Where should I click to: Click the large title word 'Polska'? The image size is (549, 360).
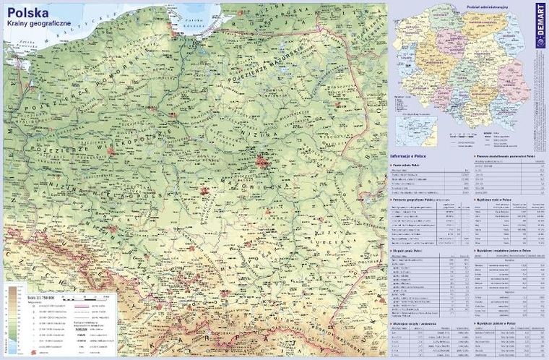[27, 13]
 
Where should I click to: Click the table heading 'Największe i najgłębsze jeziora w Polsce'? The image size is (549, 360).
[506, 250]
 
